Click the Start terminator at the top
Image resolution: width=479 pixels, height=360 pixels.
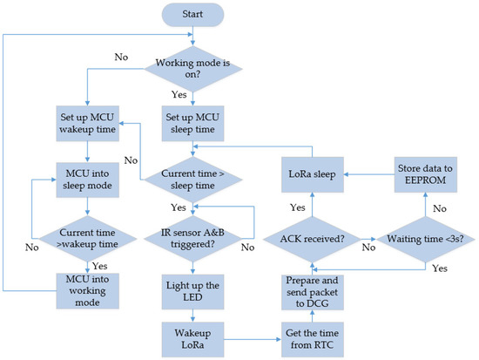coord(192,15)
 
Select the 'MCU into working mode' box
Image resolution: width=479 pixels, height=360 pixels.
coord(88,289)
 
